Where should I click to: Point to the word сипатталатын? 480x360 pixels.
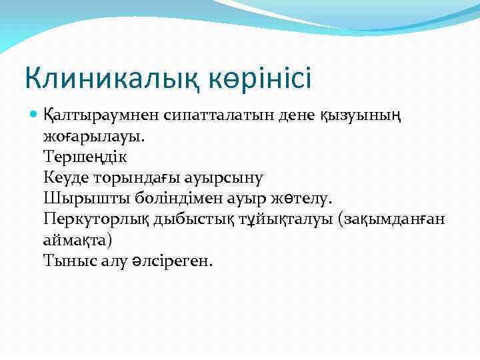[x=203, y=116]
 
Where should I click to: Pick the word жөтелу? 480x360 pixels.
[x=307, y=199]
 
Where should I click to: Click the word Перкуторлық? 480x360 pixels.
[x=96, y=219]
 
